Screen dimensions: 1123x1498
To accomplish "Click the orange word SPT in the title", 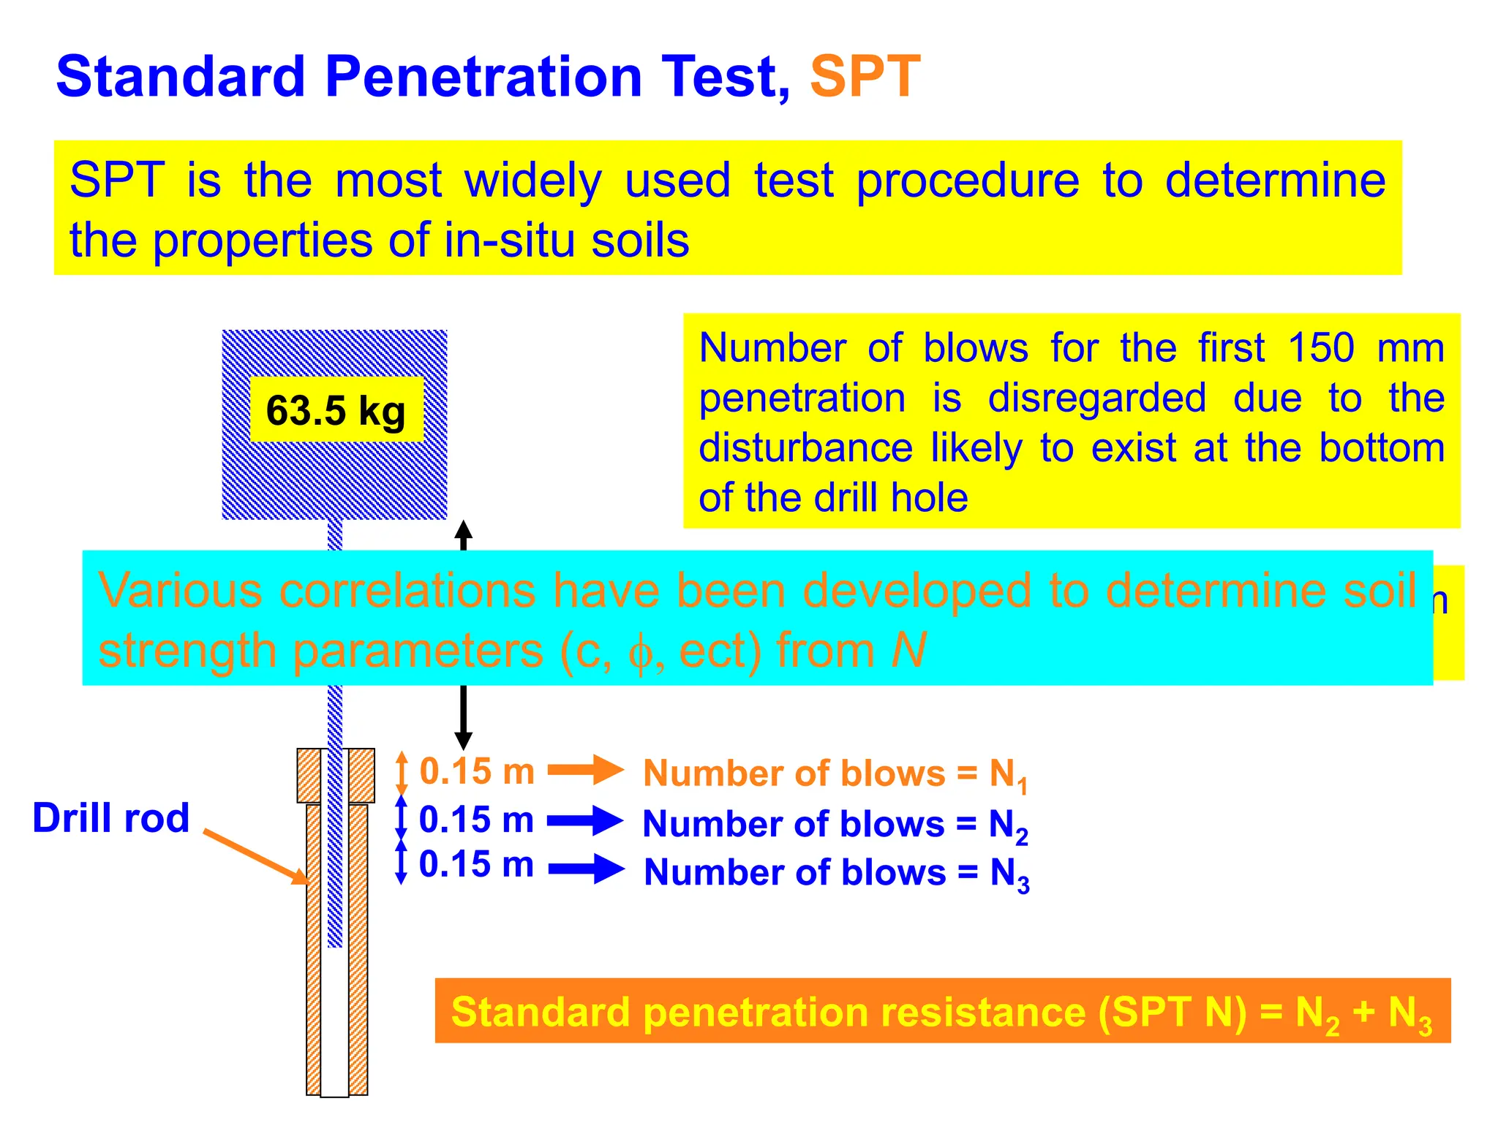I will pos(865,77).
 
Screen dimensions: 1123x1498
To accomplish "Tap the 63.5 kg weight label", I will pos(336,411).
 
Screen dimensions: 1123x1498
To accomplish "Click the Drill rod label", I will pos(111,817).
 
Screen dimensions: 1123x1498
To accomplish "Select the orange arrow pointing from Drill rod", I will pos(256,857).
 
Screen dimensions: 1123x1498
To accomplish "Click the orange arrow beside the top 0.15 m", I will pos(585,770).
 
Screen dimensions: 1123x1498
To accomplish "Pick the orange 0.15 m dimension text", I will pos(477,771).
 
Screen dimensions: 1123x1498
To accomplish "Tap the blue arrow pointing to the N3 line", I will pos(586,869).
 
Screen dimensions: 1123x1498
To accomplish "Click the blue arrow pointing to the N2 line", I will pos(585,820).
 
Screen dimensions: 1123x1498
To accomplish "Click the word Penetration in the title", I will pos(483,77).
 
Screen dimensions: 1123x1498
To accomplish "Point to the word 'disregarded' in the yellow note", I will pos(1096,398).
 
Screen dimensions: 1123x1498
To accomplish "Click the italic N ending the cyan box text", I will pos(908,650).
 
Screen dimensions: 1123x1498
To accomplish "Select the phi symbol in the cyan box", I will pos(640,653).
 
